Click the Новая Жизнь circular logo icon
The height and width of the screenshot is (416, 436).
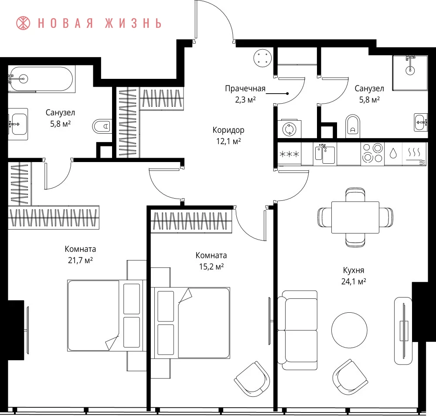coord(23,23)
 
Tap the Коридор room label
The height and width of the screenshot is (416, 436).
coord(228,130)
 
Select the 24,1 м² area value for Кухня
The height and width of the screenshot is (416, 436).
coord(354,281)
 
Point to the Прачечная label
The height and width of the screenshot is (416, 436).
coord(245,89)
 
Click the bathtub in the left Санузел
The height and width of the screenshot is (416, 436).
coord(41,79)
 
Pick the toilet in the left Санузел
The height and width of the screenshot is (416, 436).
coord(102,126)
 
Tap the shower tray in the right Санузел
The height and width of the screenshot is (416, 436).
coord(410,73)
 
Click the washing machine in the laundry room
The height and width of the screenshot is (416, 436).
coord(289,129)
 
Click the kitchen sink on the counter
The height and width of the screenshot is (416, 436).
coord(325,154)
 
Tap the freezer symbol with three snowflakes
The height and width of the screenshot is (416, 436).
coord(289,154)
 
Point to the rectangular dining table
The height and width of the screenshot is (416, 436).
coord(355,217)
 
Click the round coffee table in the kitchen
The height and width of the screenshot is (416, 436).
coord(349,330)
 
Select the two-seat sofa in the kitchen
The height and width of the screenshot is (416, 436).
coord(297,330)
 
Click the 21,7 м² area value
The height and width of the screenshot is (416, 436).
coord(80,260)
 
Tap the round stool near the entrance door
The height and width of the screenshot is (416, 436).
coord(262,58)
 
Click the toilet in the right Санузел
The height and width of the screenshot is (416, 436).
coord(353,126)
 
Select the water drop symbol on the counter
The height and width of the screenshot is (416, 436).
coord(393,153)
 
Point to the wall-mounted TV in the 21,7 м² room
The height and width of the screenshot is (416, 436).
coord(27,330)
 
